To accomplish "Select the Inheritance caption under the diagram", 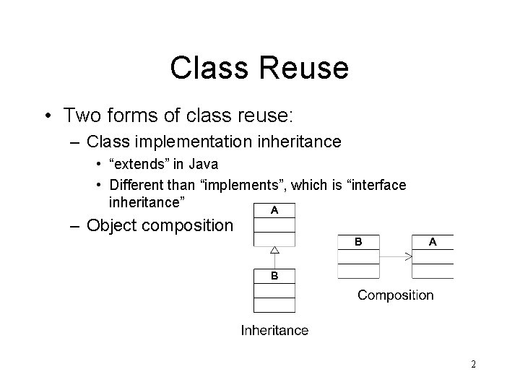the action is coord(274,331).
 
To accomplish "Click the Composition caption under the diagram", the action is coord(396,295).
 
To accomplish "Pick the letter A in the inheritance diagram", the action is coord(274,210).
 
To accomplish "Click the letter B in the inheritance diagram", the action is coord(274,276).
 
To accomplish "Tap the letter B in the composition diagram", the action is coord(359,242).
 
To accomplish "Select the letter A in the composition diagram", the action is coord(432,242).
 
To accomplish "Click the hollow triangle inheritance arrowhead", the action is coord(274,251).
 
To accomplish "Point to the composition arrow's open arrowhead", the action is coord(408,256).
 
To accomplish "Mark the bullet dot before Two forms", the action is coord(48,116).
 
